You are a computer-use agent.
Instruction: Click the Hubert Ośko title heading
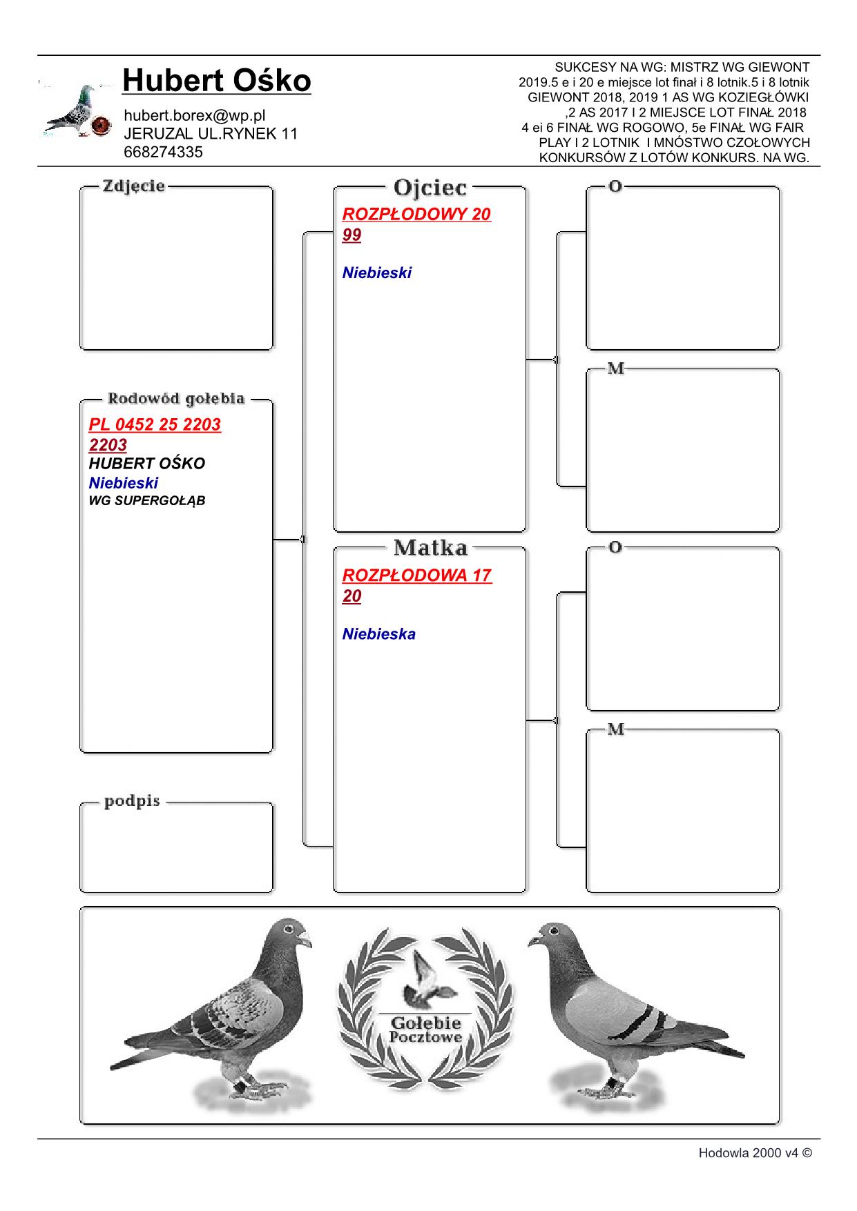216,81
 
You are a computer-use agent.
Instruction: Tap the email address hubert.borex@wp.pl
194,115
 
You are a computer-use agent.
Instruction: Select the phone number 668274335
163,152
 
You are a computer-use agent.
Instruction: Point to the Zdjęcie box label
133,186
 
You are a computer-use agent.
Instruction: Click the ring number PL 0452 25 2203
155,424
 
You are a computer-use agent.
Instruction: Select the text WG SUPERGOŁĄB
147,501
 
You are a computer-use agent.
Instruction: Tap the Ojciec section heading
430,187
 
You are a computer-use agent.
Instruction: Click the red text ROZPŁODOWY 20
416,214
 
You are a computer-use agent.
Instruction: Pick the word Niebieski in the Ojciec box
376,273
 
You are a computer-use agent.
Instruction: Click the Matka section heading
430,548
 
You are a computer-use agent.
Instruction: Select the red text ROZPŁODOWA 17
416,575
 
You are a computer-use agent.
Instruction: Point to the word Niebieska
378,633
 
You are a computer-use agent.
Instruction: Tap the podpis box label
132,801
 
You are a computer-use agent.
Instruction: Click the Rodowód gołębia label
175,399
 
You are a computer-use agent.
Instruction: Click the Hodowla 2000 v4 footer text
755,1152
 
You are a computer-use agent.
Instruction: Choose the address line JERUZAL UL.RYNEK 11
211,134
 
